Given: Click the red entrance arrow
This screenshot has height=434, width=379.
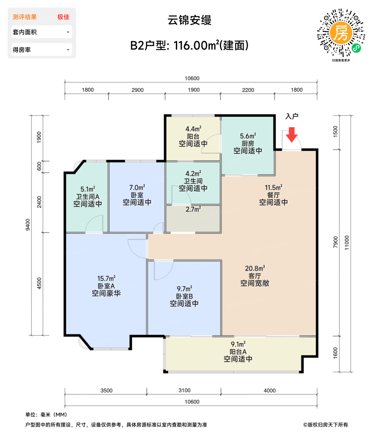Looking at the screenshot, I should pos(291,135).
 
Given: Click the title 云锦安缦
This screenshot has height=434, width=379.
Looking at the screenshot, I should pos(189,20).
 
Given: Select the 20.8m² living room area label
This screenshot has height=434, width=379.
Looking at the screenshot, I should pos(255,268).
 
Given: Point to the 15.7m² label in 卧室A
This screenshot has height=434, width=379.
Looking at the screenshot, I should pos(106,279).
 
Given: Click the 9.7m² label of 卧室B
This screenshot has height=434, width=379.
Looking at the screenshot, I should pos(184,289).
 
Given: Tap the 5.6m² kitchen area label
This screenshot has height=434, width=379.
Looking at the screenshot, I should pos(248,136).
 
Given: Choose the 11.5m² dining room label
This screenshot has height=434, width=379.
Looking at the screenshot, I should pos(273,188).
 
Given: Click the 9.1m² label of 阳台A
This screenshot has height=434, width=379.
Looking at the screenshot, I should pos(238,344).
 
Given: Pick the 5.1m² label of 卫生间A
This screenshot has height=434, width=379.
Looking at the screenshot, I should pos(88,189).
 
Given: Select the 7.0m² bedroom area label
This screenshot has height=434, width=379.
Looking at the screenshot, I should pos(137,188).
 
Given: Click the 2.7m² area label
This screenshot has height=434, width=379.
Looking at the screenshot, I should pos(193,210).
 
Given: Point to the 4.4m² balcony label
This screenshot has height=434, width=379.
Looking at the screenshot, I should pos(193,129).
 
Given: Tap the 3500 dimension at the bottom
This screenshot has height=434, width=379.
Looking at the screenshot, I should pos(106,391).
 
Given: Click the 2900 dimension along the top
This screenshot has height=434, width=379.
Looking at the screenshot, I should pos(137,90).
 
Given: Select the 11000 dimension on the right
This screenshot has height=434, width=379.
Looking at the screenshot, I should pos(347,243).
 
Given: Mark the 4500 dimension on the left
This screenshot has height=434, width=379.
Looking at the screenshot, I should pos(39,283).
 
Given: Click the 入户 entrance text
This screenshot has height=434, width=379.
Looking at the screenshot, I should pos(292,116).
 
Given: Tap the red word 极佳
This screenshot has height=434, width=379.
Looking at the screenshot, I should pos(63,17).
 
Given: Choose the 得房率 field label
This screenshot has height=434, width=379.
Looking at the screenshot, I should pos(22,50).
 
